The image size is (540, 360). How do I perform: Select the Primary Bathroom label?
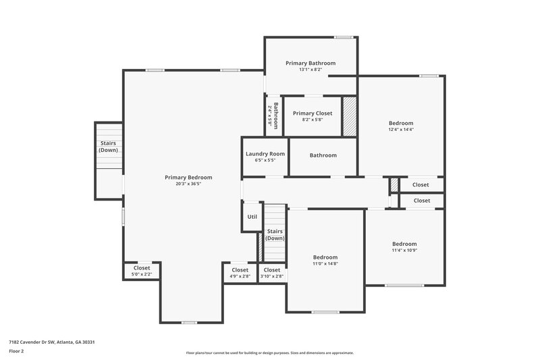coord(310,63)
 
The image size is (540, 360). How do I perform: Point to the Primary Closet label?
coord(313,113)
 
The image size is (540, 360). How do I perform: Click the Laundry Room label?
coord(265,154)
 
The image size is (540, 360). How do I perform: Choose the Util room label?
coord(252,217)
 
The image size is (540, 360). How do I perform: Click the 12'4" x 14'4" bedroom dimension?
coord(401,130)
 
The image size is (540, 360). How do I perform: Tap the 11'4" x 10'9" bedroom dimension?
coord(405,251)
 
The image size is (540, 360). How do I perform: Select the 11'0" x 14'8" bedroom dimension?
coord(325,264)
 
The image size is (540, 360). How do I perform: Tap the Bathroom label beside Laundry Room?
coord(323,155)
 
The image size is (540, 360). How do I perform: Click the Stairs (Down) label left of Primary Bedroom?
coord(108,147)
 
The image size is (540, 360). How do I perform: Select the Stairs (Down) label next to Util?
coord(275,234)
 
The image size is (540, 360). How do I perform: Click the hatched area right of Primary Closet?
coord(350,117)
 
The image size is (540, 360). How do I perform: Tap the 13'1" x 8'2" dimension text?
coord(310,70)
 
